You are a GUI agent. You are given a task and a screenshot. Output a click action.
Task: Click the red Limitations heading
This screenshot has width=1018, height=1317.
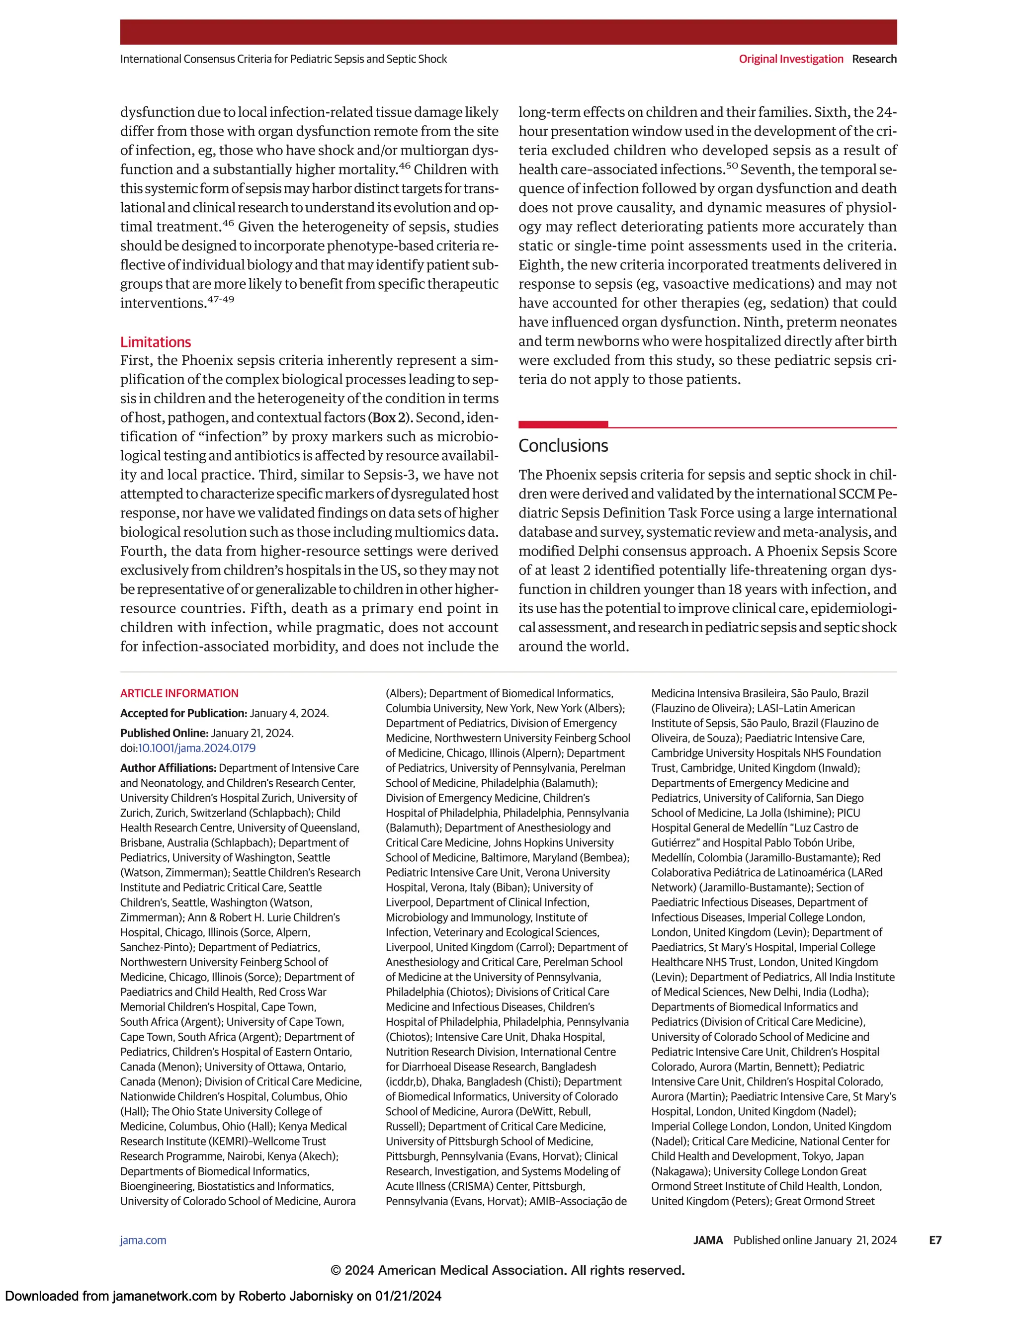[x=155, y=342]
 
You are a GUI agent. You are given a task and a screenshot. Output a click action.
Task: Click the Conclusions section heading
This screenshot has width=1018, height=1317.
[x=563, y=446]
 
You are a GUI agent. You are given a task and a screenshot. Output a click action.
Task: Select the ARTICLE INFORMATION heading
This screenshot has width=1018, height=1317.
[x=179, y=693]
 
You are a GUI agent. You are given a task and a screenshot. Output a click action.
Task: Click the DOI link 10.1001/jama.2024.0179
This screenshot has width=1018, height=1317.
[x=197, y=748]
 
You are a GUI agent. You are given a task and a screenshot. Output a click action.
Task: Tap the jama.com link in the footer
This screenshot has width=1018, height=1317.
[x=143, y=1240]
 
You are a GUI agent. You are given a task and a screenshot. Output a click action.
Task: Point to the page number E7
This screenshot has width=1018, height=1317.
[x=935, y=1240]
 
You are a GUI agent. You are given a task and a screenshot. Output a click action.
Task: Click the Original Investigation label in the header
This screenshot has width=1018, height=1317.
[x=791, y=59]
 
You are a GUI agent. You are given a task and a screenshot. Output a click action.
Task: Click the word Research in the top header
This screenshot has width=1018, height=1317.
[x=874, y=59]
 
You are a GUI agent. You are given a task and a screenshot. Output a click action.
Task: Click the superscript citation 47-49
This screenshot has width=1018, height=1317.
[x=220, y=299]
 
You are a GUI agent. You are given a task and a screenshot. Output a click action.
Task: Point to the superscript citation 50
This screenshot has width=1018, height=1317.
[x=732, y=166]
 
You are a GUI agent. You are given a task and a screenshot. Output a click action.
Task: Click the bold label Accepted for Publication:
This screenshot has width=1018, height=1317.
[x=183, y=713]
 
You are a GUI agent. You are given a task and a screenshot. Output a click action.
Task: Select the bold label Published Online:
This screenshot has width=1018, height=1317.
[x=164, y=733]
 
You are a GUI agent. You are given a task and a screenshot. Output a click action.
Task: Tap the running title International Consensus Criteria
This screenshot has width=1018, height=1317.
[x=283, y=59]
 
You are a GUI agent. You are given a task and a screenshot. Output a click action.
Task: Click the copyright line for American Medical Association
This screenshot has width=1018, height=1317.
[x=508, y=1270]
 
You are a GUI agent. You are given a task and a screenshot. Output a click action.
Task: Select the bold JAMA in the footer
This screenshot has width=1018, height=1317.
[x=707, y=1240]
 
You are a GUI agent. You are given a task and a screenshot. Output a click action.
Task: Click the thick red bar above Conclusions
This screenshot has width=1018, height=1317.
[x=563, y=424]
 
